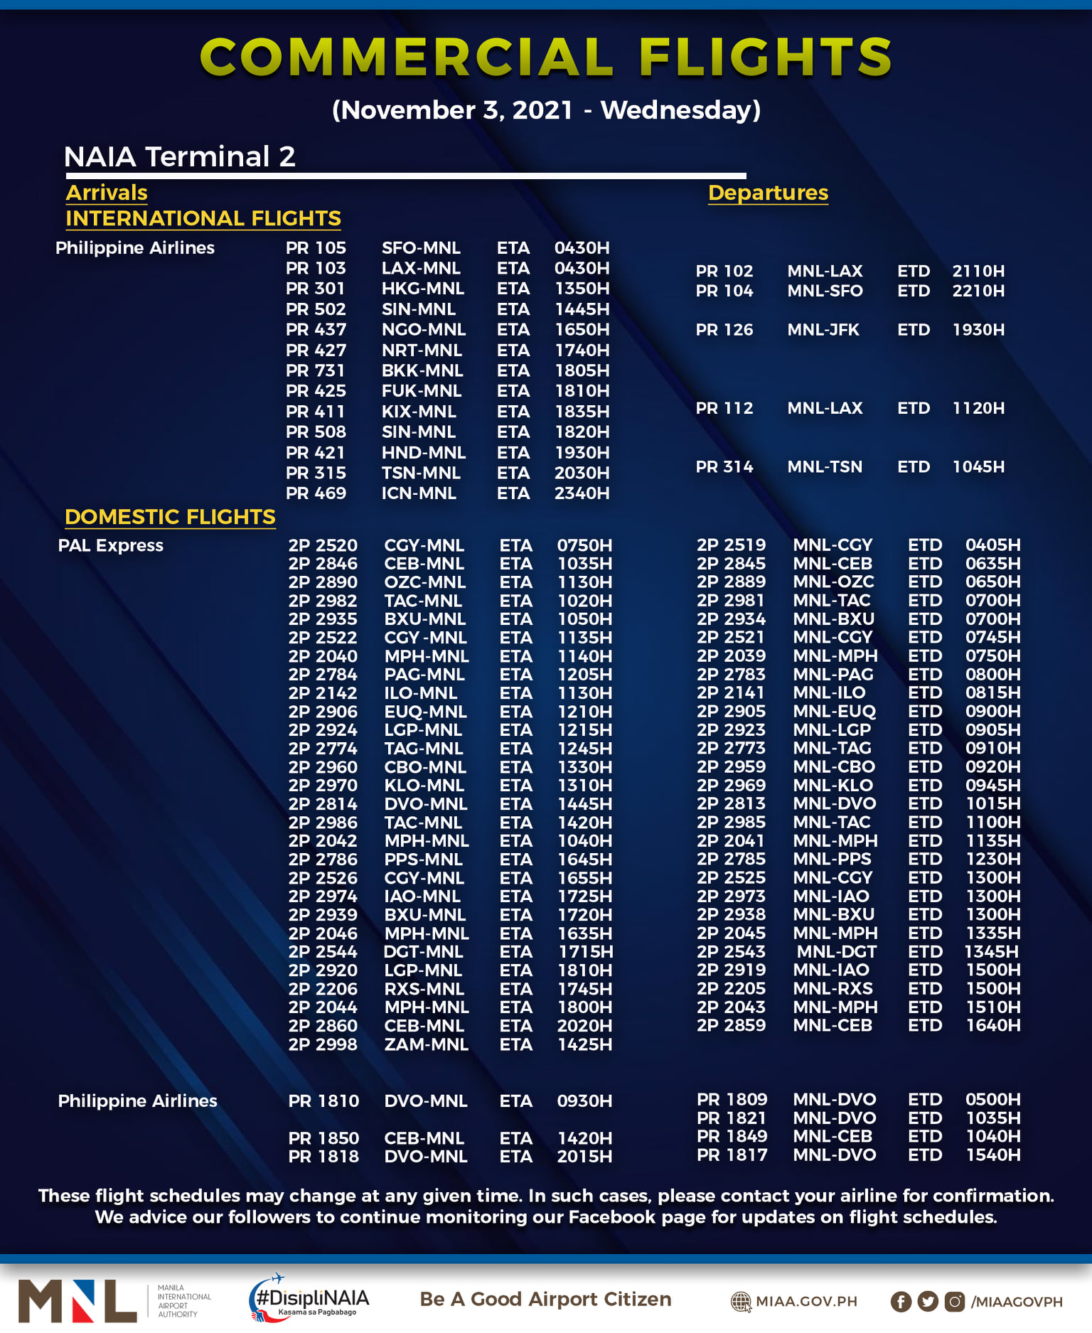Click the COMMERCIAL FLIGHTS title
pyautogui.click(x=545, y=57)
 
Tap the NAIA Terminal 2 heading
pyautogui.click(x=179, y=156)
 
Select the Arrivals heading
pyautogui.click(x=107, y=193)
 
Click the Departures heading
pyautogui.click(x=768, y=193)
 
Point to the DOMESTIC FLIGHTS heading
pyautogui.click(x=170, y=517)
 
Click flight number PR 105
pyautogui.click(x=316, y=248)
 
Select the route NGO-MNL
pyautogui.click(x=424, y=330)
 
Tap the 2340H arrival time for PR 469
pyautogui.click(x=582, y=493)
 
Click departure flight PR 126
pyautogui.click(x=724, y=330)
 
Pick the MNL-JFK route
pyautogui.click(x=823, y=330)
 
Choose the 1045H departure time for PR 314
pyautogui.click(x=978, y=467)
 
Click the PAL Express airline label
pyautogui.click(x=111, y=545)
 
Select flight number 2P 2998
pyautogui.click(x=323, y=1044)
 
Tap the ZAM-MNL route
pyautogui.click(x=426, y=1044)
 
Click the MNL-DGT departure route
pyautogui.click(x=836, y=952)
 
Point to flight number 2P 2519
pyautogui.click(x=731, y=545)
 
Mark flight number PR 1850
pyautogui.click(x=323, y=1138)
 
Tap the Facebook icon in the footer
pyautogui.click(x=901, y=1302)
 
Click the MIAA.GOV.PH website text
pyautogui.click(x=805, y=1302)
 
